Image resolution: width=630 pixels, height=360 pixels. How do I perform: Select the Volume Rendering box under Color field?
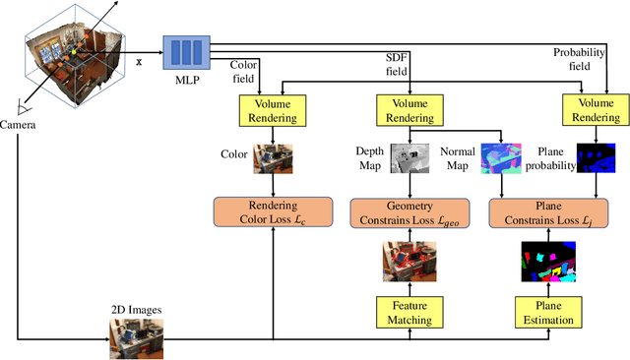[272, 109]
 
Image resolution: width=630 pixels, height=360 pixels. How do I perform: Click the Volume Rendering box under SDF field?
[409, 109]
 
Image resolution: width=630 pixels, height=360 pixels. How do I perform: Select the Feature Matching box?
[409, 313]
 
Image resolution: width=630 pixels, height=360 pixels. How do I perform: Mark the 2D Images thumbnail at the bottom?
[129, 339]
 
